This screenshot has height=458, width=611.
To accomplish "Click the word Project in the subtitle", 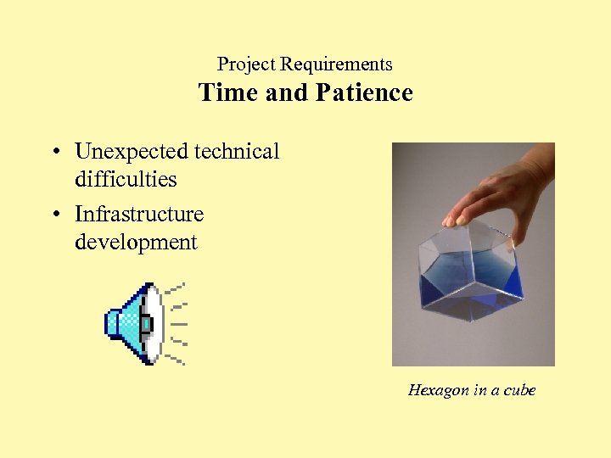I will click(x=246, y=64).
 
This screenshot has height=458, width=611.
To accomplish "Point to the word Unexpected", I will click(x=132, y=152).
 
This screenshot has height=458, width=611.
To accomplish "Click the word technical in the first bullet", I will click(x=237, y=152).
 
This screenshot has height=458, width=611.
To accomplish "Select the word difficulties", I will click(x=126, y=180).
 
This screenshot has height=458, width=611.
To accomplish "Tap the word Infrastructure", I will click(x=139, y=214).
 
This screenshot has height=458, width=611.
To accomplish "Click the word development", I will click(x=136, y=243).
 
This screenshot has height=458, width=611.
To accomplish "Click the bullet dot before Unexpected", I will click(x=54, y=154).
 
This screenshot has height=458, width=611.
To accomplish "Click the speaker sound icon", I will click(x=136, y=323).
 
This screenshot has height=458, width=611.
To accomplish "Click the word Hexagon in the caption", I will click(x=438, y=390).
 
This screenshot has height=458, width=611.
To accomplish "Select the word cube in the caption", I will click(x=518, y=390).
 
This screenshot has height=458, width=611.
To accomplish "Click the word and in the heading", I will click(x=285, y=92).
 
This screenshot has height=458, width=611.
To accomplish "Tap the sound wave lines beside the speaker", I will click(x=176, y=323).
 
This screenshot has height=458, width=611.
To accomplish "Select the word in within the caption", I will click(x=479, y=390).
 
